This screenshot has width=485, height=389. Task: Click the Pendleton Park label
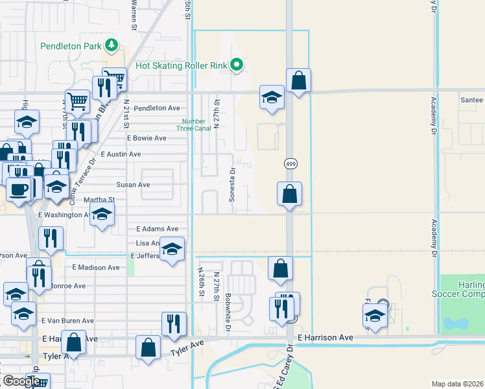click(72, 46)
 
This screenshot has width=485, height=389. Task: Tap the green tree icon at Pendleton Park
click(112, 45)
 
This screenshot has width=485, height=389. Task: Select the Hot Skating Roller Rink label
click(183, 65)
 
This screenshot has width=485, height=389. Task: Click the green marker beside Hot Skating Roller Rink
click(237, 65)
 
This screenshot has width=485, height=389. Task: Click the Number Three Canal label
click(194, 124)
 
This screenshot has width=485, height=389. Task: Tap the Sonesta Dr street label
click(231, 184)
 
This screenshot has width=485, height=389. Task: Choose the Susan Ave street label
click(133, 185)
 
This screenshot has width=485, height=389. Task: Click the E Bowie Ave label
click(147, 139)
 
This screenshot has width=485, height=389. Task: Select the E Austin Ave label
click(134, 154)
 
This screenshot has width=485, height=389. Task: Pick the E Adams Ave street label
click(157, 229)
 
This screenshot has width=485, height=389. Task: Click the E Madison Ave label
click(95, 267)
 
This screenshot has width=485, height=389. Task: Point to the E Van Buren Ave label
click(67, 321)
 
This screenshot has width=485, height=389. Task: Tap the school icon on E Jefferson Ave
click(171, 248)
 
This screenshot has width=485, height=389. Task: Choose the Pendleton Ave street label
click(157, 108)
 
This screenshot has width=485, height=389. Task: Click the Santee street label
click(471, 100)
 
